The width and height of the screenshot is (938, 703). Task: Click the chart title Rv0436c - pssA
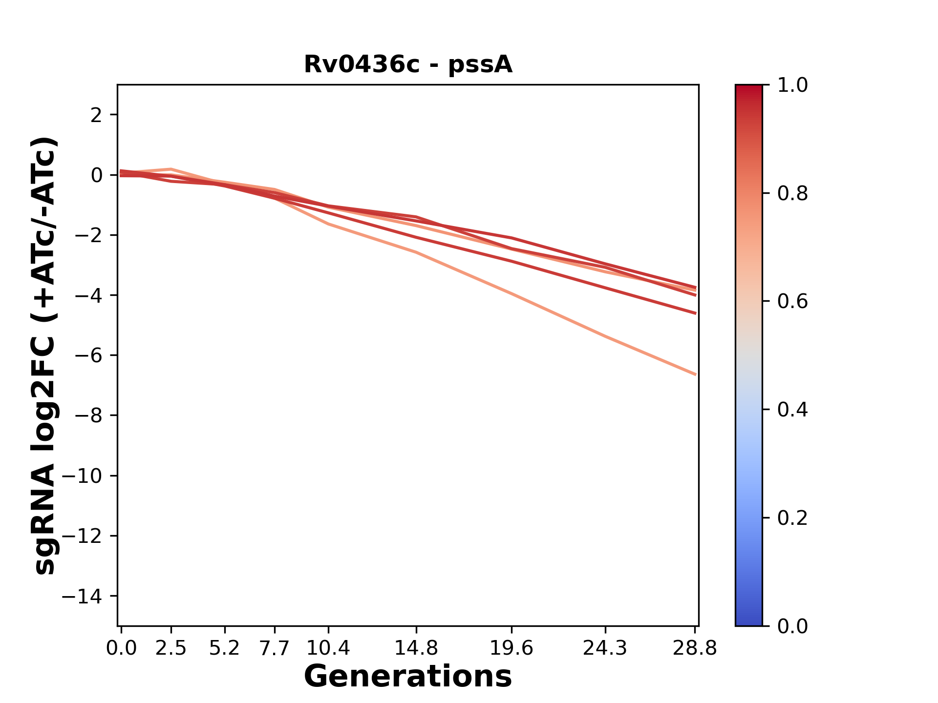[x=408, y=64]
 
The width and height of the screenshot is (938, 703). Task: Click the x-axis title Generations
[x=408, y=677]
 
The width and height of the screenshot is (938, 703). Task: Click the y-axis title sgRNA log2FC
[x=45, y=355]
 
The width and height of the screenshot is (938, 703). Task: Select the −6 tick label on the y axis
[x=88, y=356]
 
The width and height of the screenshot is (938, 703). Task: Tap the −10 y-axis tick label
[x=82, y=476]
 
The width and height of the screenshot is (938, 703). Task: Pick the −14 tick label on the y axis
[x=82, y=597]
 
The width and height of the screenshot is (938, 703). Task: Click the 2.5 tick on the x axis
[x=171, y=648]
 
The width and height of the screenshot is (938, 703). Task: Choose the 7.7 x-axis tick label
[x=275, y=648]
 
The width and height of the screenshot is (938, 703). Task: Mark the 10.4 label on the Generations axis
[x=328, y=648]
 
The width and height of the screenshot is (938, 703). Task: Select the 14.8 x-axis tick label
[x=416, y=648]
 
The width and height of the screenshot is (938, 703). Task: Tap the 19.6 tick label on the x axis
[x=512, y=648]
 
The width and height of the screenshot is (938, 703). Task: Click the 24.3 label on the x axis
[x=605, y=648]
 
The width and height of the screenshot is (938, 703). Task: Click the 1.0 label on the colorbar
[x=792, y=85]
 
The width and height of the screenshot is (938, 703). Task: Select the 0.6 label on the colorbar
[x=792, y=302]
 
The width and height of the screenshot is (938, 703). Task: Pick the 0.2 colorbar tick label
[x=792, y=518]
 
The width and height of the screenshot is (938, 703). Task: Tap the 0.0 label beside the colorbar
[x=792, y=626]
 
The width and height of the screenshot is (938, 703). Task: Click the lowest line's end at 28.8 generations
[x=695, y=374]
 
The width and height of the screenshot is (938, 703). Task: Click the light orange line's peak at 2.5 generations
[x=171, y=169]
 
